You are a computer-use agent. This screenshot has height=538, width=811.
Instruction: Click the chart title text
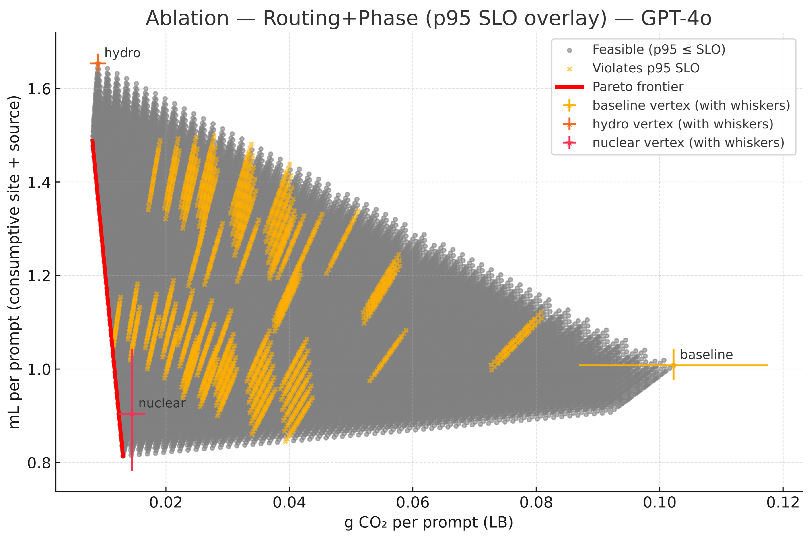point(428,18)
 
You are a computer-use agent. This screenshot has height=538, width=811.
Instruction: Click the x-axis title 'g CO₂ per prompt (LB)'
point(428,522)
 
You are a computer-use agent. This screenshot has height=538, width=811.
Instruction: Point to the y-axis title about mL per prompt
point(14,262)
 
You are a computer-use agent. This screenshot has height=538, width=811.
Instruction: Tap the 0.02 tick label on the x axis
point(166,503)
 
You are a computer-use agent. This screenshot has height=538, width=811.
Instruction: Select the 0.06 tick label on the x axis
point(412,503)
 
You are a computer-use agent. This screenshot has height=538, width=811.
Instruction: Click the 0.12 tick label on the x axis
point(782,503)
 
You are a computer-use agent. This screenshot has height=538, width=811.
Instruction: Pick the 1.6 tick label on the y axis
point(39,89)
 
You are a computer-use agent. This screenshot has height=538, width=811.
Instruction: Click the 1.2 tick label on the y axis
point(39,276)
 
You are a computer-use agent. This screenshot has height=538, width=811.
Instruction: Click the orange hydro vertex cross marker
point(98,64)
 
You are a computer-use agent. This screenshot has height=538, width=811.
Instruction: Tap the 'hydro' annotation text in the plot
point(122,53)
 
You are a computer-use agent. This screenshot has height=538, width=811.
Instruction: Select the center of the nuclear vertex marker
point(132,414)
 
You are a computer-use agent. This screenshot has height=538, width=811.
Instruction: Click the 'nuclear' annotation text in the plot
point(162,403)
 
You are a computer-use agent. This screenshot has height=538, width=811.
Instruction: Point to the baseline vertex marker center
point(673,365)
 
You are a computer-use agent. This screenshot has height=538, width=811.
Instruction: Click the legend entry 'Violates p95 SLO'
point(645,68)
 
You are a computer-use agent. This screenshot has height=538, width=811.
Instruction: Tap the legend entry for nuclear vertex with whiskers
point(688,143)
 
